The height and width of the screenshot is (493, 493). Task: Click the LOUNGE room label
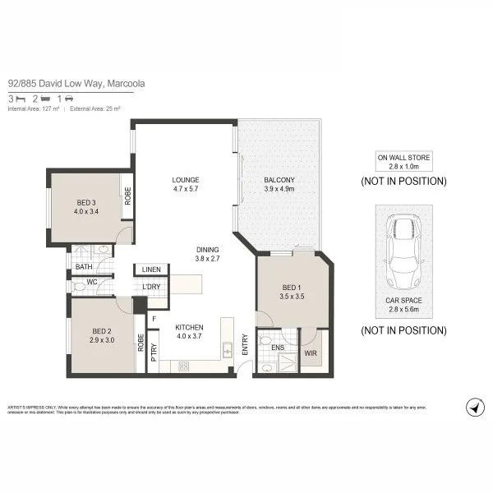[186, 180]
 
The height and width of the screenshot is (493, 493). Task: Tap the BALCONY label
[279, 180]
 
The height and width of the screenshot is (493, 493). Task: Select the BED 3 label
[87, 202]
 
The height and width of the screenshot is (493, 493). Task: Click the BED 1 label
[292, 287]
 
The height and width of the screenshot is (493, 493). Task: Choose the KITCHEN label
[189, 327]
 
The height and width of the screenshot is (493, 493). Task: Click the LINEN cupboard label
[151, 270]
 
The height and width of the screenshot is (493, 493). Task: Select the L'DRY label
[150, 286]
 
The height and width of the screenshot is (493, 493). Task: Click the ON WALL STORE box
[403, 160]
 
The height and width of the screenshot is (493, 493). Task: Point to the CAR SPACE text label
[403, 301]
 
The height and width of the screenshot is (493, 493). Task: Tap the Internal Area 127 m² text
[35, 108]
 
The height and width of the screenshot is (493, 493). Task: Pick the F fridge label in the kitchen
[154, 318]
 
